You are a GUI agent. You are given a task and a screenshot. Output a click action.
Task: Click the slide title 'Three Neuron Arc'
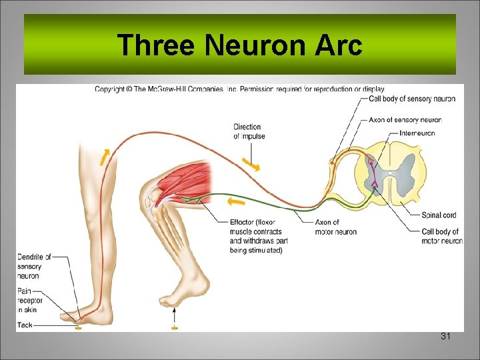coord(239,46)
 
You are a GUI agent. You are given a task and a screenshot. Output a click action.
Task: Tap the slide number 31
coord(446,337)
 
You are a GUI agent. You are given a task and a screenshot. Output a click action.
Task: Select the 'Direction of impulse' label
coord(249,131)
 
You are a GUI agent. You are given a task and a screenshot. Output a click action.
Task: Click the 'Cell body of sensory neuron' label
coord(411,99)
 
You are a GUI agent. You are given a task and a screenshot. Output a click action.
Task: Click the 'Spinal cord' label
coord(439,215)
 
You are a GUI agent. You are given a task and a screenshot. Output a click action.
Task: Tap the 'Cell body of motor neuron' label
coord(441,236)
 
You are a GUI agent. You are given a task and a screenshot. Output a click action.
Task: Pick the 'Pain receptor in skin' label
coord(30,301)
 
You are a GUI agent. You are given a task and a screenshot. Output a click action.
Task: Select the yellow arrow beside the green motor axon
coord(236,201)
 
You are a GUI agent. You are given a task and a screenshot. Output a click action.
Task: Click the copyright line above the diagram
coord(239,89)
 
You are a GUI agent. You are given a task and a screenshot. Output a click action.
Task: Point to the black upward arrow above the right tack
coord(175,313)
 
